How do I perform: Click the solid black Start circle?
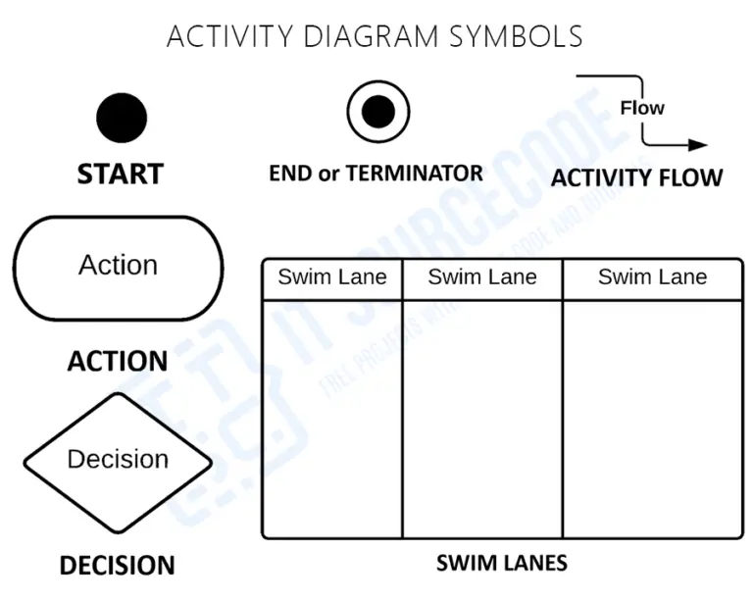coord(122,118)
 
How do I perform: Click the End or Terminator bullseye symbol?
coord(377,111)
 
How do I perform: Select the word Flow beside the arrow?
coord(642,108)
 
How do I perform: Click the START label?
coord(120,174)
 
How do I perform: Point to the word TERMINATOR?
coord(414,174)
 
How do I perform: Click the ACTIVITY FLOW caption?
coord(636,177)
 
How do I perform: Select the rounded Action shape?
coord(118,267)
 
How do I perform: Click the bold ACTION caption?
coord(118,361)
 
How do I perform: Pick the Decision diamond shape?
coord(118,459)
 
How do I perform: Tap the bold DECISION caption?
coord(117,566)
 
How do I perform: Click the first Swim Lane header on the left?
coord(332,277)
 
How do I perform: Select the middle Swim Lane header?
coord(482,277)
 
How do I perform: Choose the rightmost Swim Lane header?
coord(652,277)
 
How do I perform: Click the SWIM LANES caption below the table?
coord(501,563)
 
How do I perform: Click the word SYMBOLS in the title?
coord(516,36)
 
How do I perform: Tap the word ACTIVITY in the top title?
coord(227,36)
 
